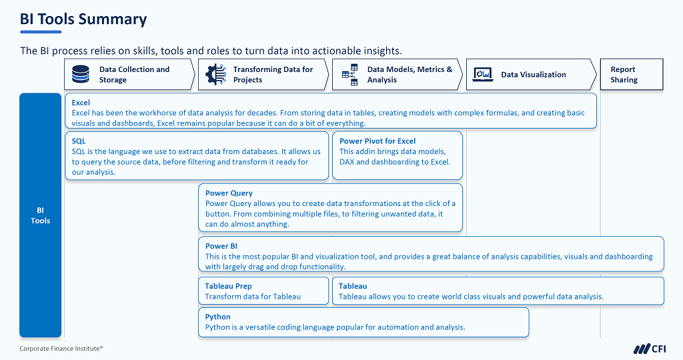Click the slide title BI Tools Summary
(x=83, y=19)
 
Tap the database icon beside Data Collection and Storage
(x=81, y=74)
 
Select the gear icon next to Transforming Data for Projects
(x=215, y=74)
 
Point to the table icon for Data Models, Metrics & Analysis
(x=350, y=74)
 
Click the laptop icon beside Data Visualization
(x=482, y=74)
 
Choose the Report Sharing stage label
(x=624, y=74)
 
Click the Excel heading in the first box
(x=81, y=103)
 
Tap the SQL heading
(x=79, y=141)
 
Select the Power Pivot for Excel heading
(x=378, y=141)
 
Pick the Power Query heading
(x=229, y=193)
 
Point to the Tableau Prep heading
(x=228, y=286)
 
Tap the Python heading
(x=217, y=317)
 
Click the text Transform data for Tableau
(x=253, y=297)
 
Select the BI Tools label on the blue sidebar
(x=40, y=215)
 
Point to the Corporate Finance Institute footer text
(x=61, y=349)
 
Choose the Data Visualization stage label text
(x=534, y=75)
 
